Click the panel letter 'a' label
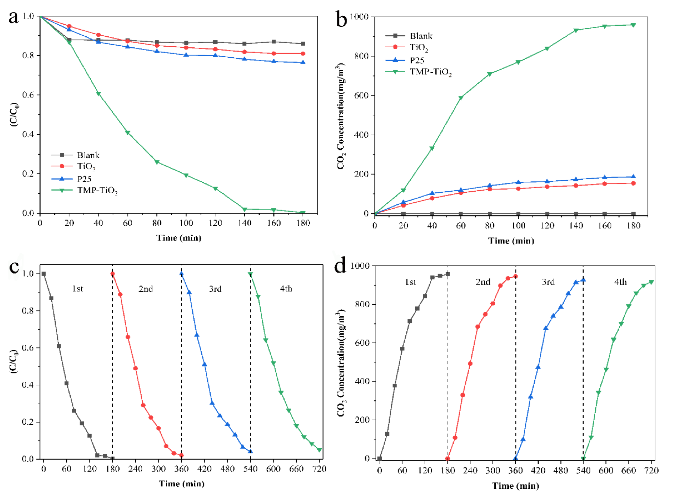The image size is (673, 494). coord(14,17)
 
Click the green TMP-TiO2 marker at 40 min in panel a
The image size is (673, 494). coord(98,94)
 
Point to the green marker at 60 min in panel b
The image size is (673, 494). coord(461,98)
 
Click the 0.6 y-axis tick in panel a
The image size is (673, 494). coord(28,95)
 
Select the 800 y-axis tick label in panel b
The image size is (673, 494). coord(360,56)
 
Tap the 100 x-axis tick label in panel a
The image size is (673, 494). coord(186,223)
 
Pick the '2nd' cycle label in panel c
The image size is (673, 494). coord(146,289)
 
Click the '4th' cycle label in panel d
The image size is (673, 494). coord(620,282)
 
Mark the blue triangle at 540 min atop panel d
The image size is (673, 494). coord(583,280)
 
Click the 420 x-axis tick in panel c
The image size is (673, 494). coord(205,469)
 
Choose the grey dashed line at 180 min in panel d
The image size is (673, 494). coord(447,359)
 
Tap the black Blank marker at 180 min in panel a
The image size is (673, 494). coord(303,44)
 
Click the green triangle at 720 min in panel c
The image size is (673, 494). coord(319,450)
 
